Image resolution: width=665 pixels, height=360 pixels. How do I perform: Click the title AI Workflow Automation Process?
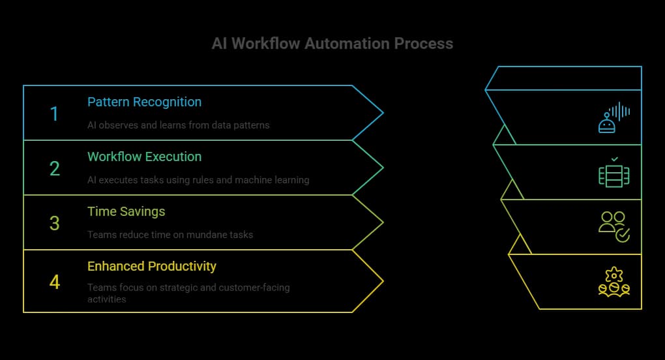click(332, 44)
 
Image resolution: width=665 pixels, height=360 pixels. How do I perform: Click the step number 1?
click(54, 114)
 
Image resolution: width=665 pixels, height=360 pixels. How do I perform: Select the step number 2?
click(54, 169)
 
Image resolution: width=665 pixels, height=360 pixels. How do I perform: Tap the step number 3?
click(54, 224)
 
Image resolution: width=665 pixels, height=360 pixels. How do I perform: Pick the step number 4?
click(54, 282)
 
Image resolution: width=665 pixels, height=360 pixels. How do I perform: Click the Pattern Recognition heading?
click(144, 102)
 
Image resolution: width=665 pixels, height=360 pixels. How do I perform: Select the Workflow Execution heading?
click(144, 157)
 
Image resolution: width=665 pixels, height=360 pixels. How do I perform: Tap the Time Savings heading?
click(126, 211)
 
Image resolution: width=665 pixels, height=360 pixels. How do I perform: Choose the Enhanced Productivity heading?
click(151, 266)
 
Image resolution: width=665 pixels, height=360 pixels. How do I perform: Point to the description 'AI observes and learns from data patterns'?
click(178, 125)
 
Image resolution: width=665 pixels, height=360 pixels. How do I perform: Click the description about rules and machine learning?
click(198, 179)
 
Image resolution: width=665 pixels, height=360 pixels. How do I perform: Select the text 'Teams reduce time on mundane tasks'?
click(170, 234)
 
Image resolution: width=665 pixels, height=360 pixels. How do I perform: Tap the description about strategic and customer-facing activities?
click(188, 293)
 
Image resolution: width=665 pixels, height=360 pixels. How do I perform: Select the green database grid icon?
click(613, 173)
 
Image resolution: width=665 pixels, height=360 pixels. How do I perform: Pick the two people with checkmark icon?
click(613, 226)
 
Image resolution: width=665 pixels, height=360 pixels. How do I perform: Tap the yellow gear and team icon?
click(613, 282)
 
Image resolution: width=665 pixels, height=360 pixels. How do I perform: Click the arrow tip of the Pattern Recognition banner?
click(380, 113)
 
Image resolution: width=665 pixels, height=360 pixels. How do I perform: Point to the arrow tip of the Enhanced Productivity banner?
click(380, 281)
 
